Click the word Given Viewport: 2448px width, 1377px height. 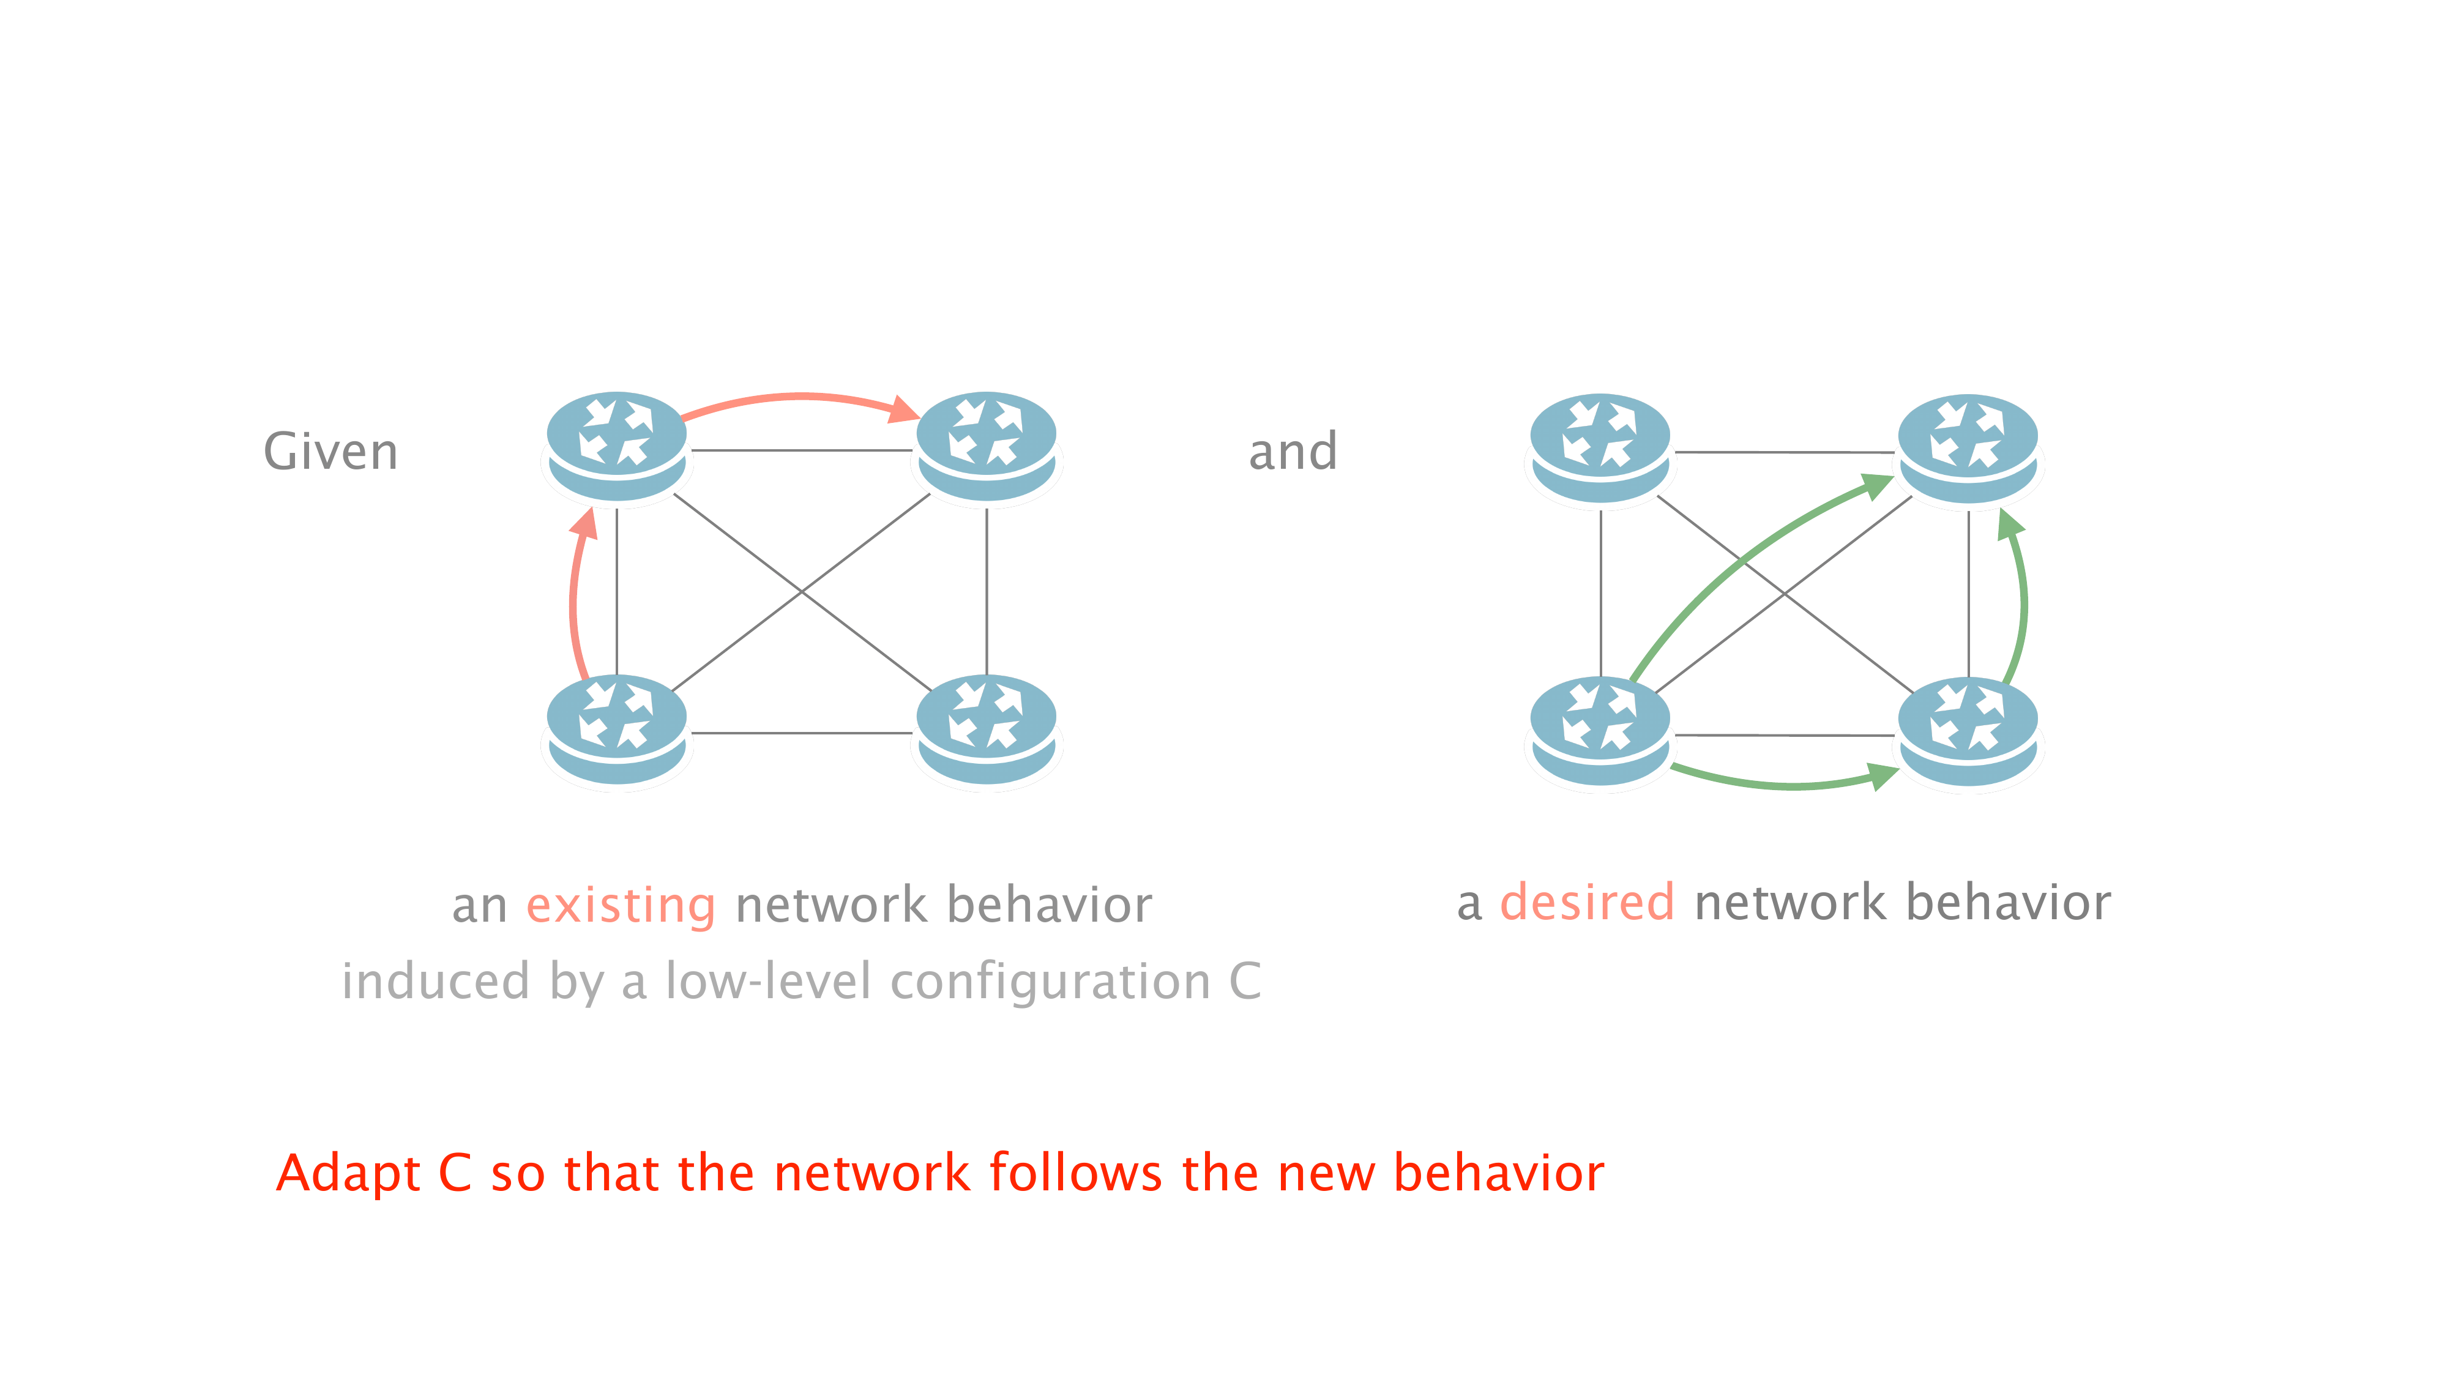(x=330, y=452)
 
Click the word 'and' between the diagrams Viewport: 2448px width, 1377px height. (x=1293, y=452)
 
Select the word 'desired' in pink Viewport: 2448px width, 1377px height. (x=1586, y=902)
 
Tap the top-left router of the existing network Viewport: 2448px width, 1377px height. (x=617, y=445)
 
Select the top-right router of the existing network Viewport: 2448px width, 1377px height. (x=987, y=445)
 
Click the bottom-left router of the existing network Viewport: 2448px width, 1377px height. (x=617, y=728)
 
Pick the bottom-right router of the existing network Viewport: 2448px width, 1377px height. (x=987, y=728)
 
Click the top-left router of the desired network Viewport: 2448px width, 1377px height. (x=1600, y=447)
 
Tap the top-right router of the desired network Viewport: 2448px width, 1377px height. (x=1968, y=447)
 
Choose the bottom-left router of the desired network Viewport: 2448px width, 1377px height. (x=1600, y=730)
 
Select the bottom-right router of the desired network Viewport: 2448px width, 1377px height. (x=1968, y=730)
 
